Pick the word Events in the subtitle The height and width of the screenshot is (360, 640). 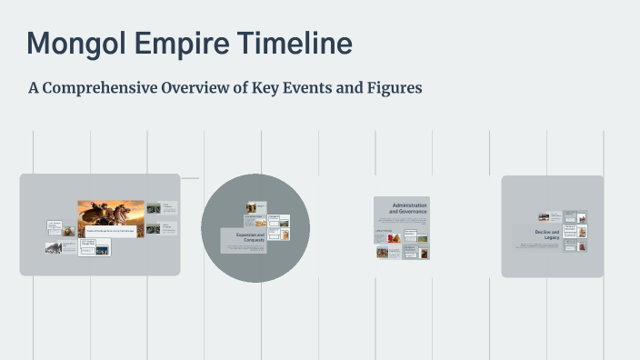coord(329,89)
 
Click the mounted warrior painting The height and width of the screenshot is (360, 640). coord(110,218)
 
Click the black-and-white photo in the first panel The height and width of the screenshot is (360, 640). coord(55,247)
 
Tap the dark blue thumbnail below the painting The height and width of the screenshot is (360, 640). coord(95,246)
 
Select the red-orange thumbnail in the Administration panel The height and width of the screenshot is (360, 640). coord(394,239)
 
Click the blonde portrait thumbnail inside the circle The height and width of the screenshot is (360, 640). coord(285,235)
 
